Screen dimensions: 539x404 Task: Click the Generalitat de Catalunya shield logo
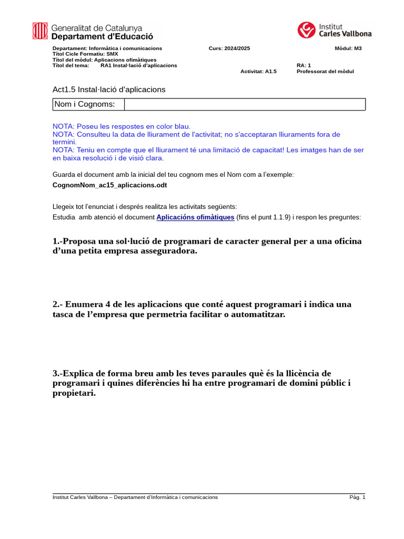coord(40,31)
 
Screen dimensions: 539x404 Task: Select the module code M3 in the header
coord(358,48)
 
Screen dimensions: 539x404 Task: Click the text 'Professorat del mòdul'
coord(325,71)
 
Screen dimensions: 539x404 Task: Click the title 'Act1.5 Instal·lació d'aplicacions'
coord(109,89)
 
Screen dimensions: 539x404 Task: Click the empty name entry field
coord(245,104)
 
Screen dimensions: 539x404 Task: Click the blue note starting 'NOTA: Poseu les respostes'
coord(122,126)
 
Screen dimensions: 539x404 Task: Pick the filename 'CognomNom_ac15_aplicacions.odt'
coord(110,185)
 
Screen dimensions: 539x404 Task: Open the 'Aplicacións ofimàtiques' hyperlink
coord(195,217)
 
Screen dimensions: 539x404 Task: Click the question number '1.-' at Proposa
coord(57,241)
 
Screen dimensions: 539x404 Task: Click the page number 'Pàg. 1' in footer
coord(357,497)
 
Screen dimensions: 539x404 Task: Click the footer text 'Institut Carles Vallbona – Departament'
coord(105,497)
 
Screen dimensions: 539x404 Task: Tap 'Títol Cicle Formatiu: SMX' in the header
coord(85,54)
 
